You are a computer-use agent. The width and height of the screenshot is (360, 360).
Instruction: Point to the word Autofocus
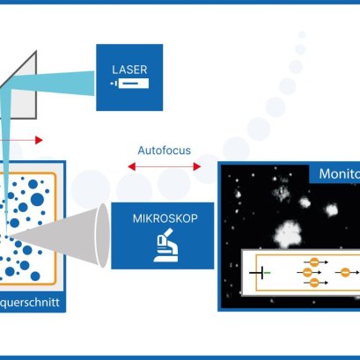click(163, 150)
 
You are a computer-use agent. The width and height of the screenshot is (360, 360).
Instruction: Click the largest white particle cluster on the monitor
click(287, 231)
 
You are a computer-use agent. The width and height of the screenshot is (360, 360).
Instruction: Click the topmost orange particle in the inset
click(311, 261)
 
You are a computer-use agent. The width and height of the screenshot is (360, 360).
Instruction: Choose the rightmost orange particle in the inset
click(345, 273)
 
